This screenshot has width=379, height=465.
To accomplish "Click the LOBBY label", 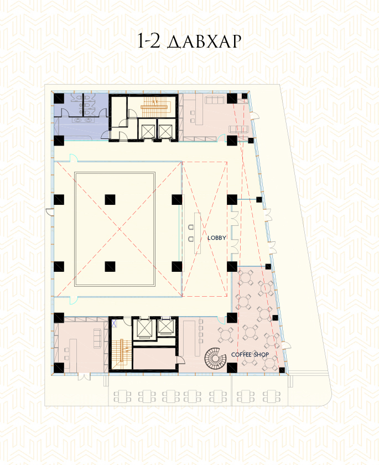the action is (217, 237).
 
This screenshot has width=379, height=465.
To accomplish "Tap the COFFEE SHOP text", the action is (250, 354).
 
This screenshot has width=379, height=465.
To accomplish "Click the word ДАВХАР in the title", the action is (204, 41).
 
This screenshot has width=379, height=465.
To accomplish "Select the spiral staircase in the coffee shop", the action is (215, 358).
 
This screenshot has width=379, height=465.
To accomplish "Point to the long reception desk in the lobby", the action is (198, 233).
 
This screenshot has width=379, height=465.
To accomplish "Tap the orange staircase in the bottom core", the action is (121, 354).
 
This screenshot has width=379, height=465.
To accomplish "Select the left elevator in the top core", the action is (148, 131).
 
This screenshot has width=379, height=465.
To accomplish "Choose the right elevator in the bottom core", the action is (165, 327).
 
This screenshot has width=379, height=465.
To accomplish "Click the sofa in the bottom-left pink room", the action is (97, 338).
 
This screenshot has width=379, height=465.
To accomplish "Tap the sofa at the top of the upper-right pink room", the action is (215, 100).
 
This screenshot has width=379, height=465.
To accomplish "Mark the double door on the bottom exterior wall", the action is (84, 377).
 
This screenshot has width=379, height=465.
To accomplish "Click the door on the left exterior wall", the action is (50, 211).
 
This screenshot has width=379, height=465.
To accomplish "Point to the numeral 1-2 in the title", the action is (148, 41).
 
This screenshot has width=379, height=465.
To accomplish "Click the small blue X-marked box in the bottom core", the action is (114, 323).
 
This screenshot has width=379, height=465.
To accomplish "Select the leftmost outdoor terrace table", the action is (122, 396).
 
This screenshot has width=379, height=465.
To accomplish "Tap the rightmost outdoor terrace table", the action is (272, 396).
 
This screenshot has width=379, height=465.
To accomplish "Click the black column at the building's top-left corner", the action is (59, 99).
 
